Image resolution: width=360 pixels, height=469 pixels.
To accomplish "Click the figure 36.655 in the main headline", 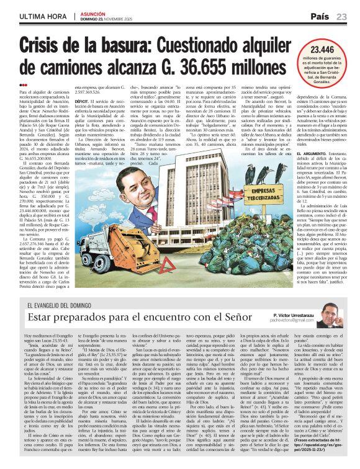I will [212, 66].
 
